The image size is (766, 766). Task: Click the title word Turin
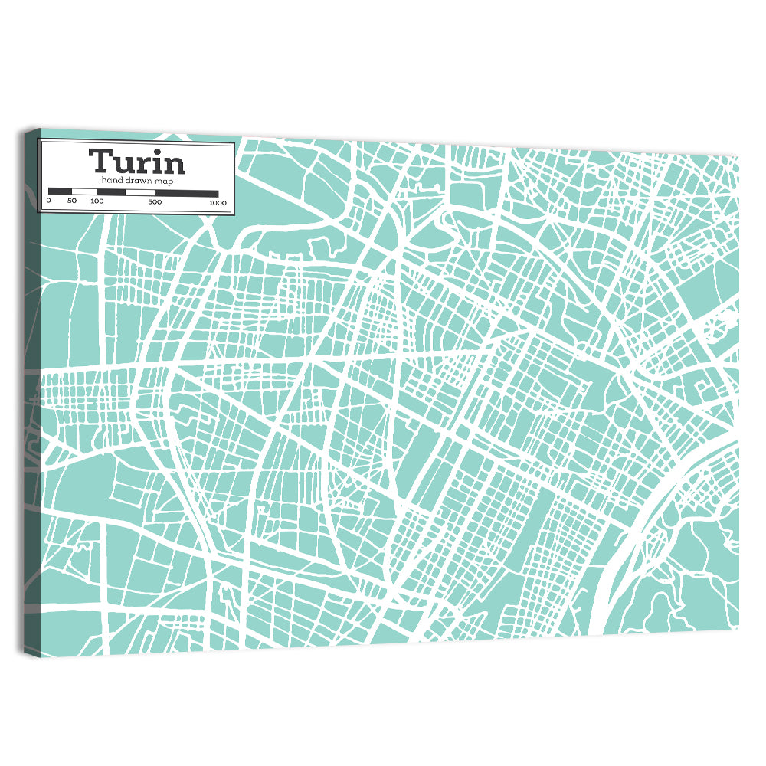point(136,162)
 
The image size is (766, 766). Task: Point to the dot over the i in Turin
point(157,151)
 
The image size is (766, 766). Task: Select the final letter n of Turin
point(173,164)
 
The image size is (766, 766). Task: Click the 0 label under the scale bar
point(48,201)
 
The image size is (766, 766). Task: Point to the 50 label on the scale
point(72,201)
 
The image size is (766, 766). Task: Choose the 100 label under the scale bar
point(97,201)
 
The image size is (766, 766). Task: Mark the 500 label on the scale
point(155,202)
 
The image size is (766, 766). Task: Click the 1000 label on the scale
point(218,203)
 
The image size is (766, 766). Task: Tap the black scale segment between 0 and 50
point(60,191)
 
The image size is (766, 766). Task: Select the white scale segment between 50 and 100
point(84,191)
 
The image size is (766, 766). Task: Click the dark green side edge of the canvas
point(31,383)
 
